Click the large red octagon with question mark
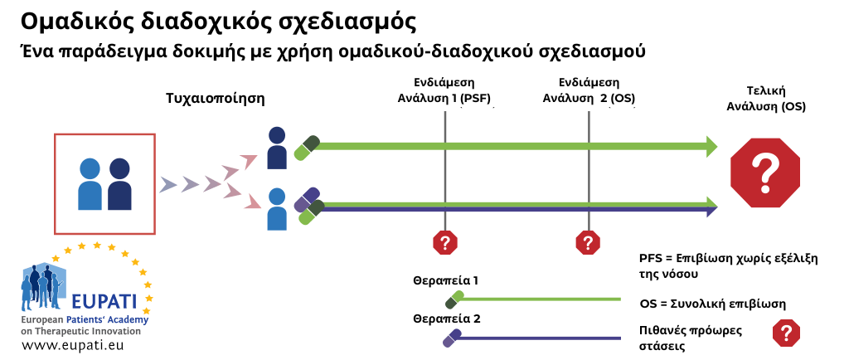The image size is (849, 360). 765,173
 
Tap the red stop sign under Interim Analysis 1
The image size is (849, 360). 445,242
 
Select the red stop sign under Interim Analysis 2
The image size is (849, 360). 588,242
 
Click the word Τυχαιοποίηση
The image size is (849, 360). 216,99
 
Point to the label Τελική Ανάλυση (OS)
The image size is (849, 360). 765,99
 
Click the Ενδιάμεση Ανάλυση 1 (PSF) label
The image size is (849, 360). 444,90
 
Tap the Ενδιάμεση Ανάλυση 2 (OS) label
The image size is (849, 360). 589,90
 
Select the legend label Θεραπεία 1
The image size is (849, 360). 445,281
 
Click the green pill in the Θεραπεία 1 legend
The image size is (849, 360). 454,300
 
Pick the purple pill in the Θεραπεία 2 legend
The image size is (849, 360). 452,338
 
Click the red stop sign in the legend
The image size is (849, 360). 786,333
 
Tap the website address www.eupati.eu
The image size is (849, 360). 73,345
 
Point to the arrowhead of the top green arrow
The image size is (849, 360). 712,146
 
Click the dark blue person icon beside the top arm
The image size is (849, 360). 277,148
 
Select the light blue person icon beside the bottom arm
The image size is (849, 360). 277,209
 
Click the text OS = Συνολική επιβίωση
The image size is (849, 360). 712,303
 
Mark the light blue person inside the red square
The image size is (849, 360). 90,184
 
